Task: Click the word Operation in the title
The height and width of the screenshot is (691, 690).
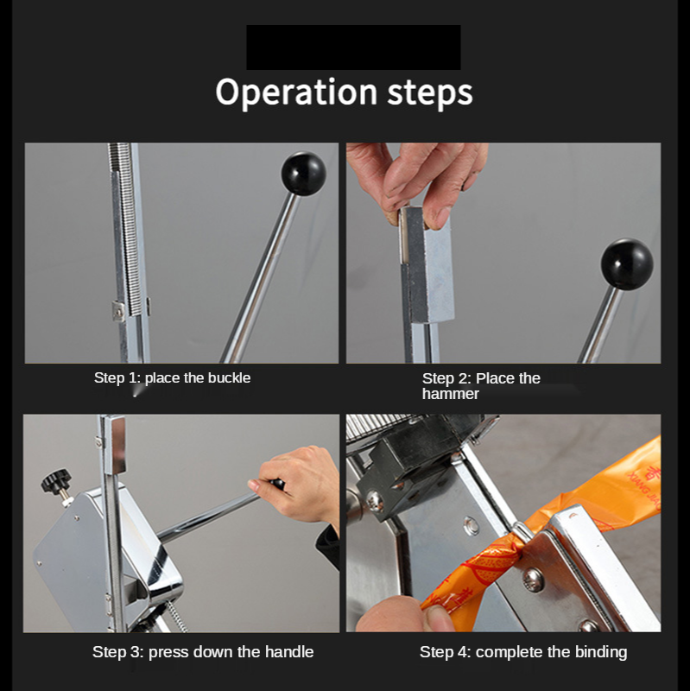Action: click(x=296, y=92)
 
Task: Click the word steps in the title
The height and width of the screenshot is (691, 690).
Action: click(x=430, y=92)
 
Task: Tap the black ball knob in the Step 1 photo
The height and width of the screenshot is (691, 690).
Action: click(x=304, y=174)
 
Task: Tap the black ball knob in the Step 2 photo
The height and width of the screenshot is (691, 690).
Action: click(x=627, y=264)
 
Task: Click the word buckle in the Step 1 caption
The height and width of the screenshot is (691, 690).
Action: click(x=229, y=377)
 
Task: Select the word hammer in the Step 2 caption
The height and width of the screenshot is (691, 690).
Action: click(x=450, y=394)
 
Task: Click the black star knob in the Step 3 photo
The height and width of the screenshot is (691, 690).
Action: click(x=55, y=480)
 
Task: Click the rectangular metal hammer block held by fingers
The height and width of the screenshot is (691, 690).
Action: click(x=426, y=264)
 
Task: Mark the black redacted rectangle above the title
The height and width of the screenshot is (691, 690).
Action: click(x=353, y=48)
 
